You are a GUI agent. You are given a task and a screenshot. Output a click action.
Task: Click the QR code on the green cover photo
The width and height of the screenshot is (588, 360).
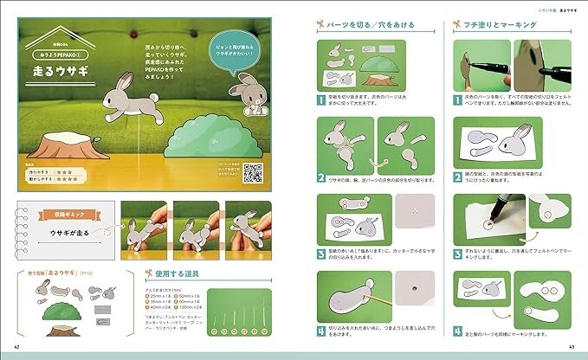(253, 173)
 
